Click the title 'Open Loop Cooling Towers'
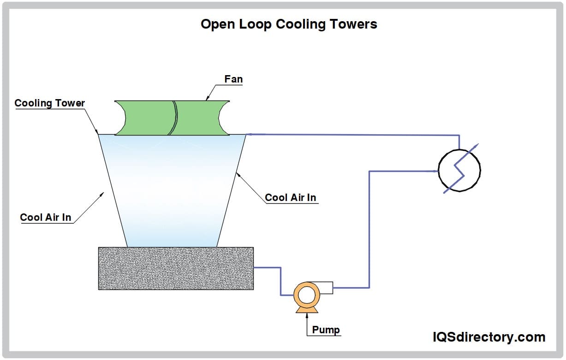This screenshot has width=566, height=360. point(289,24)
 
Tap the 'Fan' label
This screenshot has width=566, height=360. point(233,79)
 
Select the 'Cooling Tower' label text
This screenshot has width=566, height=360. point(50,103)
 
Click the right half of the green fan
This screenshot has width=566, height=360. point(198,118)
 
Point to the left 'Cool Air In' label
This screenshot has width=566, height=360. point(46,217)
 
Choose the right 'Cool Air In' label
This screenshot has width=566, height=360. point(291,198)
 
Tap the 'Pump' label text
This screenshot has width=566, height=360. point(326,330)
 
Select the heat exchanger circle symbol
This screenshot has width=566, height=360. point(459,170)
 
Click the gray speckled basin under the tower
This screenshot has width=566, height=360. point(176,268)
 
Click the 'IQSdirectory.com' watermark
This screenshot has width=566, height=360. point(489,337)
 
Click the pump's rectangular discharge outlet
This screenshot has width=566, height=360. point(325,288)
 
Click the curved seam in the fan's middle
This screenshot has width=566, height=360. point(173,118)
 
